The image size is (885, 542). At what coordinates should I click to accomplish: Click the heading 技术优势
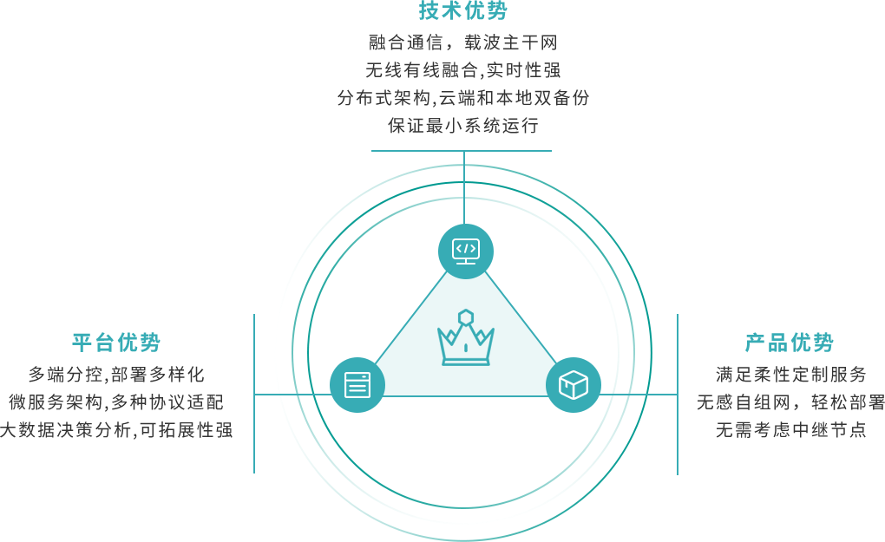coord(462,10)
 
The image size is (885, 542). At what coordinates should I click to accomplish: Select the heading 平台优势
coord(116,343)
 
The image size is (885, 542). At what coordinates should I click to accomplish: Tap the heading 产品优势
coord(789,343)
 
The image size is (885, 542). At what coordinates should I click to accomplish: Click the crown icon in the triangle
coord(466,337)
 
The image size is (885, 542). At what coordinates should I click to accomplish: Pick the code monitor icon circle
coord(466,251)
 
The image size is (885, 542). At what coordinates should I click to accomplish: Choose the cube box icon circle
coord(573,385)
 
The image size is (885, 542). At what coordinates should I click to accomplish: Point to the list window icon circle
coord(357,385)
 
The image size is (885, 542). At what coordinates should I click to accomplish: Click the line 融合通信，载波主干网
coord(462,42)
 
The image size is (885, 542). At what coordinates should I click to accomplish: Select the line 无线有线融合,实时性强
coord(462,70)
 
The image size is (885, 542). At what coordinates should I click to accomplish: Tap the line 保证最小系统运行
coord(462,125)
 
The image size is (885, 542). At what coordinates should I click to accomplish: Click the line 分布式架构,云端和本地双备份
coord(462,98)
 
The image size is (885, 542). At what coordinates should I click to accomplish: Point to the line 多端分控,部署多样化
coord(116,374)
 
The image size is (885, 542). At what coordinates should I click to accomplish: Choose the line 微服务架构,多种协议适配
coord(116,402)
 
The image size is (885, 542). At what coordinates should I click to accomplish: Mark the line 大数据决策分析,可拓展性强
coord(116,430)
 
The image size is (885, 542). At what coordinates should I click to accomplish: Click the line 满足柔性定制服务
coord(790,374)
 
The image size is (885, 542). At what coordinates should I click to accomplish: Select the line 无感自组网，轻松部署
coord(790,402)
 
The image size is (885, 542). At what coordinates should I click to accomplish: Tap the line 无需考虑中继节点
coord(790,430)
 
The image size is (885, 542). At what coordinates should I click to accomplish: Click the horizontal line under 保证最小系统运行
coord(461,151)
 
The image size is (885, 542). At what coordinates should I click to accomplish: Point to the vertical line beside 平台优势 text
coord(254,394)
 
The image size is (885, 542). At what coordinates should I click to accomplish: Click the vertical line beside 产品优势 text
coord(678,395)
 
